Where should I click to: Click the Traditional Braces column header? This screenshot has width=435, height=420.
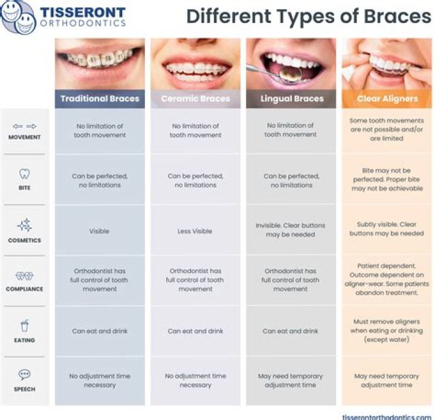click(x=100, y=99)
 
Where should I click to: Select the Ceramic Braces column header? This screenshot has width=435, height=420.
click(x=195, y=99)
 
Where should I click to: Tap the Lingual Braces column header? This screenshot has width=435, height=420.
click(x=291, y=99)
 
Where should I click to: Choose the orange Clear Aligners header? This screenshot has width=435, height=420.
click(x=387, y=99)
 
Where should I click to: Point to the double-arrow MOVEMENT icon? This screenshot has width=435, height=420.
click(x=25, y=126)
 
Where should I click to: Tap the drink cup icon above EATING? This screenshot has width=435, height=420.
click(x=25, y=327)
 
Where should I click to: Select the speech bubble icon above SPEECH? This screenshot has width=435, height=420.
click(x=25, y=375)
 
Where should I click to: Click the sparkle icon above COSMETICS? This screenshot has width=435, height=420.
click(x=25, y=226)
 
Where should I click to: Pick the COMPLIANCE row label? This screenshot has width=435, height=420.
click(x=25, y=289)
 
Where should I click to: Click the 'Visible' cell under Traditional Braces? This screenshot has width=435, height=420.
click(x=100, y=231)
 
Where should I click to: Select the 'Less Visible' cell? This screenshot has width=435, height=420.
click(x=195, y=231)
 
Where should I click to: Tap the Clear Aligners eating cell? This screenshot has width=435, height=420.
click(x=387, y=331)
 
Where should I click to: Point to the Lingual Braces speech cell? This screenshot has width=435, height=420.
click(x=291, y=380)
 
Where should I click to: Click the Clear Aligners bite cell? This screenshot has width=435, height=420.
click(x=387, y=180)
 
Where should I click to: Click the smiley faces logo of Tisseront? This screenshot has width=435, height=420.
click(x=18, y=17)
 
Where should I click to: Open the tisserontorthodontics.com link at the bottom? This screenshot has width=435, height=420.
click(x=387, y=416)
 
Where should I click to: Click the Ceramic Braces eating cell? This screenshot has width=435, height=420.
click(x=195, y=331)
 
